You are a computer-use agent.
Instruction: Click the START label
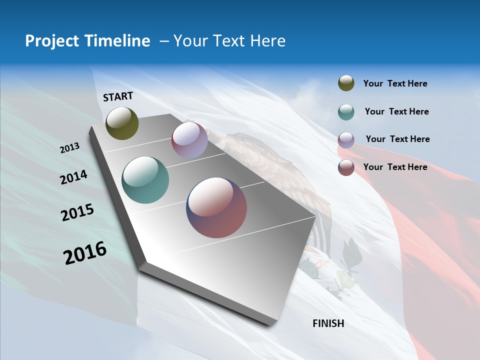click(118, 96)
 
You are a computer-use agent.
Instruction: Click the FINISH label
click(328, 323)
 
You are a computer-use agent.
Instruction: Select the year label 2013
click(69, 148)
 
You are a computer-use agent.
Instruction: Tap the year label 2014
click(73, 177)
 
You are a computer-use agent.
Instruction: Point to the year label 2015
click(77, 212)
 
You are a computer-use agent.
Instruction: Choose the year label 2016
click(85, 253)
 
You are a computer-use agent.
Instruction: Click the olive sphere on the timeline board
click(122, 123)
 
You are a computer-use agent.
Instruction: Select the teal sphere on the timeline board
click(145, 180)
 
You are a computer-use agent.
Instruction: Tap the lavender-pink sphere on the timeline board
click(189, 140)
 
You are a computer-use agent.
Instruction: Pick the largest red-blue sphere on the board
click(216, 207)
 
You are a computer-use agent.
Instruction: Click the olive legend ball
click(346, 83)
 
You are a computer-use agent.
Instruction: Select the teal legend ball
click(346, 111)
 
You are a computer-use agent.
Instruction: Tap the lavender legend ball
click(346, 139)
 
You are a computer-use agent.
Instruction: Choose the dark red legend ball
click(346, 167)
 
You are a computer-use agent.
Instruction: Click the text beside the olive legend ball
click(395, 83)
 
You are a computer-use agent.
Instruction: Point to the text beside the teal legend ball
click(396, 111)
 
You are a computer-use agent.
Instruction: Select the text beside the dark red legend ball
click(395, 167)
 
